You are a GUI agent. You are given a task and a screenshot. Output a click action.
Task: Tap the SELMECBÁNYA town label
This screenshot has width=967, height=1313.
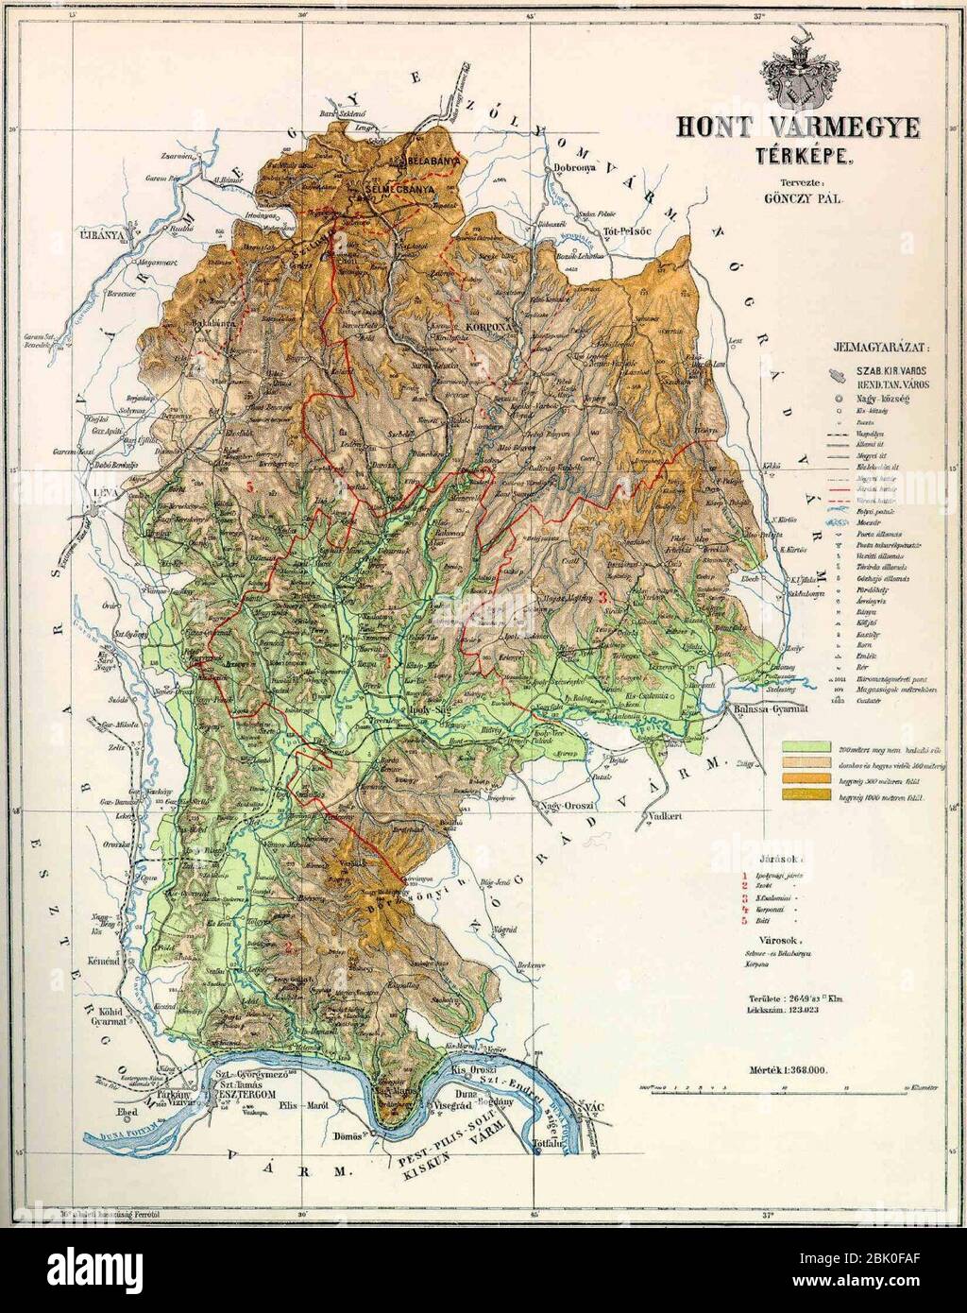click(395, 188)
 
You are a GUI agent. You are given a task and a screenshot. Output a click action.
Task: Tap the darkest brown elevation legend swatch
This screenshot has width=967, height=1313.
click(805, 797)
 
